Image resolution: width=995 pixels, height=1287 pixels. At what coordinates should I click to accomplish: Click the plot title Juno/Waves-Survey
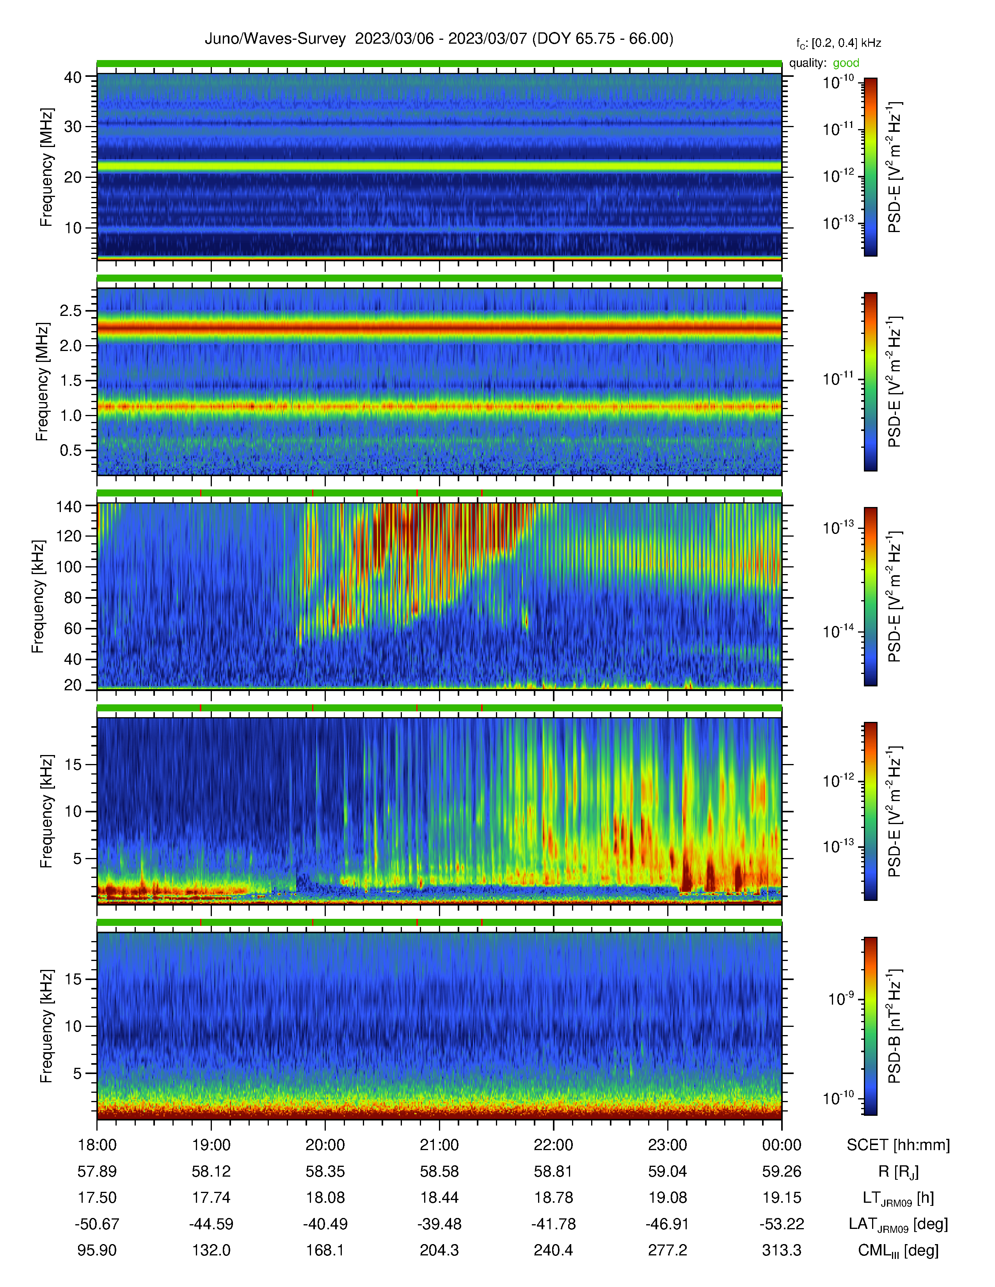tap(275, 39)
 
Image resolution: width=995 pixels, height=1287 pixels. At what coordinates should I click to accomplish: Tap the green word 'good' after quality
tap(846, 63)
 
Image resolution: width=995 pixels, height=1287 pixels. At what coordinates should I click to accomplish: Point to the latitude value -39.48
tap(439, 1224)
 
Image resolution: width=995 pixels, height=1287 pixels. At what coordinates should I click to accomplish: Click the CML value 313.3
tap(782, 1250)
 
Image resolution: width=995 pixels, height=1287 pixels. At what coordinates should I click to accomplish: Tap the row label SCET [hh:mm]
tap(898, 1145)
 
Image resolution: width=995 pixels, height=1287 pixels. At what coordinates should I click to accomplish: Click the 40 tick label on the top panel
tap(73, 77)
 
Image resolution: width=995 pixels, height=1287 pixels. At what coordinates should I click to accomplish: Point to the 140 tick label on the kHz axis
tap(68, 506)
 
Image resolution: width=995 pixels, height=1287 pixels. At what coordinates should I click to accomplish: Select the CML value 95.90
tap(97, 1250)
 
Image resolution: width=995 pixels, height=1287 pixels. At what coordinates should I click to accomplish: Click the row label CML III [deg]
tap(898, 1250)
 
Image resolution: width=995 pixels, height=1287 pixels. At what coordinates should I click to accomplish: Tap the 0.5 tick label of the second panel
tap(71, 450)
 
